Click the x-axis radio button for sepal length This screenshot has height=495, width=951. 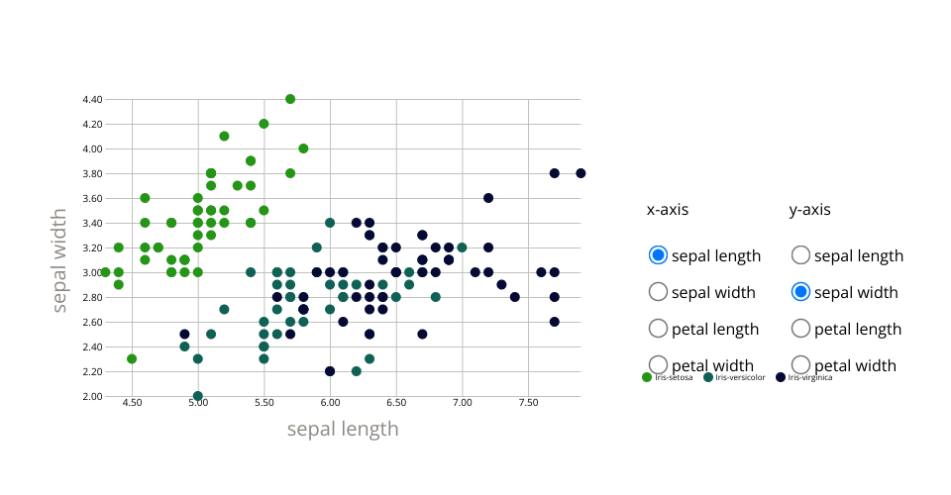click(658, 255)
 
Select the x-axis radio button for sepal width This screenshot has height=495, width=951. click(658, 292)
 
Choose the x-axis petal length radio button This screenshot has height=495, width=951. click(658, 329)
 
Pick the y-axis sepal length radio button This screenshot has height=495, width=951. click(801, 255)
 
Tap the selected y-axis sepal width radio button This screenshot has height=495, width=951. click(801, 292)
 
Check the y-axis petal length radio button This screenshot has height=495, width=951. click(801, 329)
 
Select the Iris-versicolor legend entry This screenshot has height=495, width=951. click(733, 377)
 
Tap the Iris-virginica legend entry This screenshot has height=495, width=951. click(808, 377)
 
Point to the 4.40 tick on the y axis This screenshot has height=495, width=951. click(92, 99)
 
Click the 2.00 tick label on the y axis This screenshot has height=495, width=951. click(92, 396)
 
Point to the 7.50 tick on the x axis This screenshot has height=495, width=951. click(528, 403)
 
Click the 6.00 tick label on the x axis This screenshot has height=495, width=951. click(330, 403)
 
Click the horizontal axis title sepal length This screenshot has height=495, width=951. click(343, 429)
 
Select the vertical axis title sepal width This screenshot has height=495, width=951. click(60, 259)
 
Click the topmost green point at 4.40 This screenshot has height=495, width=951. click(290, 99)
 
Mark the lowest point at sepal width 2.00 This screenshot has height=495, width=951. click(198, 396)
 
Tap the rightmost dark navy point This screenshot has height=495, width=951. click(581, 173)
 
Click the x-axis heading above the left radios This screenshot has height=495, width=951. click(668, 210)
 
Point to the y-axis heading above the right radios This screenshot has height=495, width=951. click(809, 210)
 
